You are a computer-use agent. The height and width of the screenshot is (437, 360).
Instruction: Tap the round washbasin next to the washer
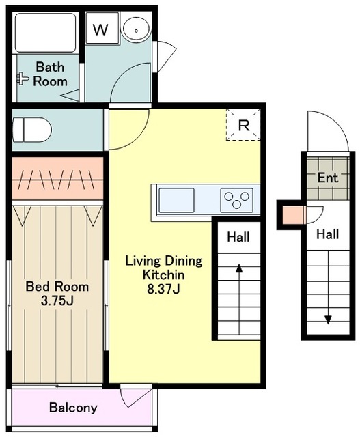tap(136, 29)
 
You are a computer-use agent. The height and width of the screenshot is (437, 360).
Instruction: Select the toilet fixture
tap(32, 130)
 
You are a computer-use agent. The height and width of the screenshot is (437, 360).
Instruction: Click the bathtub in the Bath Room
tap(46, 33)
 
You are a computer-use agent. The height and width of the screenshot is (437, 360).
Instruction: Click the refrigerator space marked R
tap(243, 124)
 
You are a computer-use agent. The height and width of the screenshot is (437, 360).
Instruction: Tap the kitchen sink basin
tap(176, 200)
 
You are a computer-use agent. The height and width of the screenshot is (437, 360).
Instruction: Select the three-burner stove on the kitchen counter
tap(237, 200)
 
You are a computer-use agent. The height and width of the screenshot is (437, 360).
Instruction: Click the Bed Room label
tap(57, 287)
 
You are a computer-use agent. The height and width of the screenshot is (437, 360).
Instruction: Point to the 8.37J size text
tap(163, 290)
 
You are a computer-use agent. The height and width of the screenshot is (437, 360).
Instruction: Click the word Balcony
tap(73, 408)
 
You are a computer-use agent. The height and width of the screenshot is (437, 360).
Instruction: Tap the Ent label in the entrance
tap(328, 178)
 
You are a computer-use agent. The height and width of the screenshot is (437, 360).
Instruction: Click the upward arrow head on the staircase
tap(239, 268)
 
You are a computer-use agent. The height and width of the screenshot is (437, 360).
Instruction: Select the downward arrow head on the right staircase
tap(328, 320)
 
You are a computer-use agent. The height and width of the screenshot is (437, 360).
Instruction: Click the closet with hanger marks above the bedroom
tap(57, 179)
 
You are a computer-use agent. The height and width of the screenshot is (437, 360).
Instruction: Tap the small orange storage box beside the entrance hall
tap(292, 215)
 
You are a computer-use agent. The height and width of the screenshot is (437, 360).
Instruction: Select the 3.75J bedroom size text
tap(57, 301)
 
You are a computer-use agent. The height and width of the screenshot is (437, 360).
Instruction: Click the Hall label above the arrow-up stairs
tap(238, 237)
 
